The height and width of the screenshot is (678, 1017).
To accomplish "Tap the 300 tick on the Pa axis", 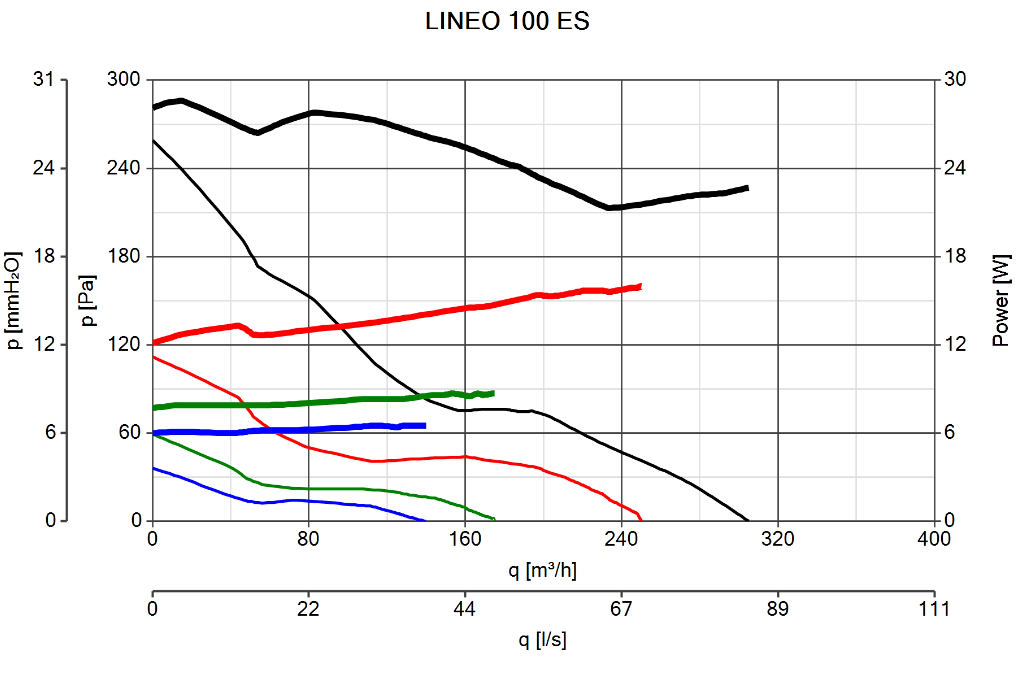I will point(124,79).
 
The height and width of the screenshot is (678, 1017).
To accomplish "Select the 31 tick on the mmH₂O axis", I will point(44,79).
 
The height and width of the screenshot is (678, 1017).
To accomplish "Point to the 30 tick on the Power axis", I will point(955,79).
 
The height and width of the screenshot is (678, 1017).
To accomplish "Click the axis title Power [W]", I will point(1001,301).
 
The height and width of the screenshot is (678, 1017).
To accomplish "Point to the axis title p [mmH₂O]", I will point(13,301).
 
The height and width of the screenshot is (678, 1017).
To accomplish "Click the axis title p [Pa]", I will point(88,301).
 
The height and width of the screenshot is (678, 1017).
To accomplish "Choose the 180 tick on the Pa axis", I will point(124,256).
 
